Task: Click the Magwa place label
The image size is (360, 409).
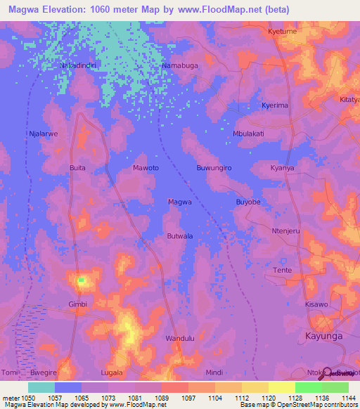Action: pyautogui.click(x=180, y=202)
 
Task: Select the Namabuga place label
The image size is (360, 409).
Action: pyautogui.click(x=180, y=65)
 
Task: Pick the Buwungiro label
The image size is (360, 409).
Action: pyautogui.click(x=214, y=169)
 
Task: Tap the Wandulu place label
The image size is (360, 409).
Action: pyautogui.click(x=179, y=339)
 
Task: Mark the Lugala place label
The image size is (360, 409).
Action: pyautogui.click(x=112, y=372)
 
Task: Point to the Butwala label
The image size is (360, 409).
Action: pyautogui.click(x=180, y=236)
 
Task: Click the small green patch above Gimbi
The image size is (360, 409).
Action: pyautogui.click(x=81, y=280)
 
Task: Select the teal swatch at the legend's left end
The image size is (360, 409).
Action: pyautogui.click(x=41, y=387)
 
